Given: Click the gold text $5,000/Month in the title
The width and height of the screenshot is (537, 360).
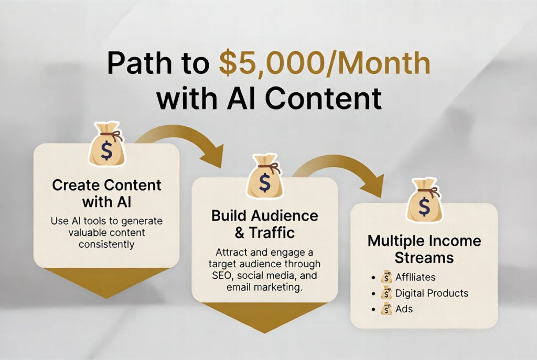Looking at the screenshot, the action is click(325, 63).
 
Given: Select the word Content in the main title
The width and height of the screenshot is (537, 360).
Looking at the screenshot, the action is click(323, 99).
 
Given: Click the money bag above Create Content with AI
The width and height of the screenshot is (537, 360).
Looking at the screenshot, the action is click(107, 144).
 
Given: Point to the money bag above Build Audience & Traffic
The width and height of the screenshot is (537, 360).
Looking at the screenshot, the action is click(265, 176).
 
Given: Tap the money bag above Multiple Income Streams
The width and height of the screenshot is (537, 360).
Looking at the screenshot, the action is click(424, 200).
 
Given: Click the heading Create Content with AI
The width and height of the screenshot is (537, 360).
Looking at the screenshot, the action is click(106, 193).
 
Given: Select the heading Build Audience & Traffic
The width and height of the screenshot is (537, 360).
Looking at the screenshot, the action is click(265, 224).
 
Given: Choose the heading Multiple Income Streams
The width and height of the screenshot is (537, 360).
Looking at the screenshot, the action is click(424, 249).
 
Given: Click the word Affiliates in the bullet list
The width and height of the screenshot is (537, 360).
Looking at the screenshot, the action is click(415, 277).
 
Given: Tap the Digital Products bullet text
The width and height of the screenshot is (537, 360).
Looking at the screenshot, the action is click(432, 293).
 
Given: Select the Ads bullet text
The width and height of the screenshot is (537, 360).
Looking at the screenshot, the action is click(404, 309).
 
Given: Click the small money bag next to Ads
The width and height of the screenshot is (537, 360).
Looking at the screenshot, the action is click(386, 309).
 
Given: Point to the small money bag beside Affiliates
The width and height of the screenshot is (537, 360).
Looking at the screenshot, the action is click(386, 277).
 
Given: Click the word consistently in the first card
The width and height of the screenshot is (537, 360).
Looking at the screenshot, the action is click(106, 245).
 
